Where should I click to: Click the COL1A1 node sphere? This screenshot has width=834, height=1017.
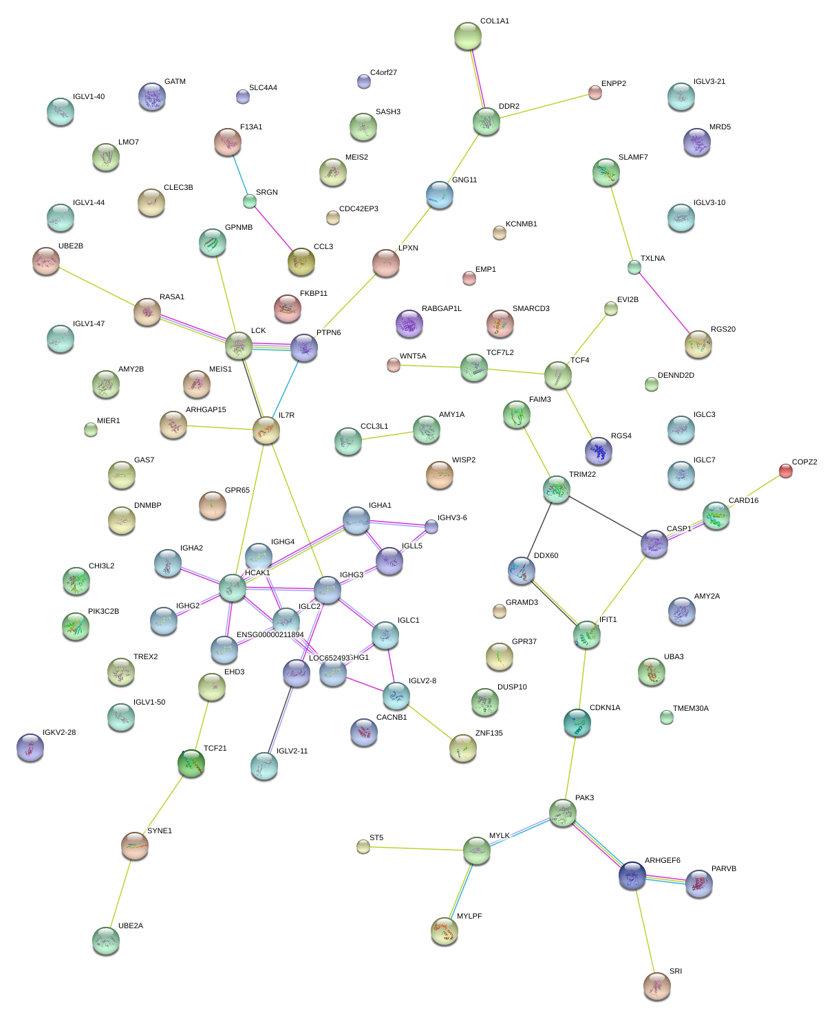pyautogui.click(x=468, y=36)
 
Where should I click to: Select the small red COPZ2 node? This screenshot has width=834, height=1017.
pyautogui.click(x=785, y=471)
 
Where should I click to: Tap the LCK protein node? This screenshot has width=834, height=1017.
pyautogui.click(x=239, y=345)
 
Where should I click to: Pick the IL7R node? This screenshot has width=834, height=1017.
pyautogui.click(x=266, y=430)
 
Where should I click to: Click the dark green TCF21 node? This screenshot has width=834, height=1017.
pyautogui.click(x=191, y=763)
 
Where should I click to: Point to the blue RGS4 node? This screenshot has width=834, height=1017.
pyautogui.click(x=598, y=451)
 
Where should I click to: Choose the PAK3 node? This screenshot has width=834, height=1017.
pyautogui.click(x=563, y=813)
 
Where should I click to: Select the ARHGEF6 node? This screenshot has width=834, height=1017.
pyautogui.click(x=632, y=875)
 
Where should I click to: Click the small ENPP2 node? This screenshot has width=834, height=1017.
pyautogui.click(x=595, y=92)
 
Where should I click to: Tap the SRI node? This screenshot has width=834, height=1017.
pyautogui.click(x=656, y=986)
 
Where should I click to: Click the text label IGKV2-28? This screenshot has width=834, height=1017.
pyautogui.click(x=59, y=733)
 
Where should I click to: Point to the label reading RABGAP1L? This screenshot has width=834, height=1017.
pyautogui.click(x=442, y=309)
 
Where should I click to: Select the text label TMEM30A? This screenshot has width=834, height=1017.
pyautogui.click(x=690, y=709)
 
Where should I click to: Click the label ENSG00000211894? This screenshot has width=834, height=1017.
pyautogui.click(x=270, y=635)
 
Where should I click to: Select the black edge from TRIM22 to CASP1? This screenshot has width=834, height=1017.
pyautogui.click(x=606, y=517)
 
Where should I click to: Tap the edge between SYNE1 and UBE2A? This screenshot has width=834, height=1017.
pyautogui.click(x=120, y=894)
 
